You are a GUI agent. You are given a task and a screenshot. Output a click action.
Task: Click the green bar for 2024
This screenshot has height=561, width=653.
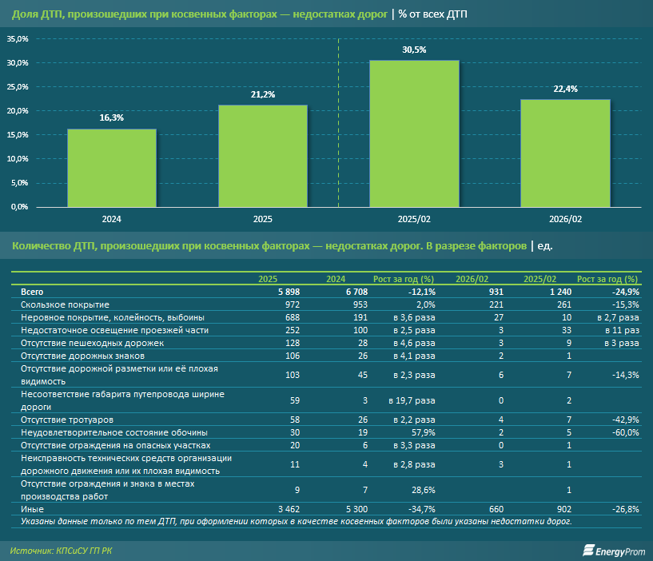coord(112,167)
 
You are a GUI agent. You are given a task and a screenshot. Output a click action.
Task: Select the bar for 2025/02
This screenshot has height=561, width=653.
coord(414,133)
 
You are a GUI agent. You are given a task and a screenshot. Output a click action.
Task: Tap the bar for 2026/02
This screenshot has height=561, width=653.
coord(565,153)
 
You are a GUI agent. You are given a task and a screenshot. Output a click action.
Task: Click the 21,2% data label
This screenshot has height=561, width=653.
coord(263,94)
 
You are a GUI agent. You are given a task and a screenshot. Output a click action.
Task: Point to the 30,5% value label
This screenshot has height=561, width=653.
coord(414,50)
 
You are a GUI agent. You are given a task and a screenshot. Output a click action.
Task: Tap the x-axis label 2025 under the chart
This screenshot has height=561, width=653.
coord(263,218)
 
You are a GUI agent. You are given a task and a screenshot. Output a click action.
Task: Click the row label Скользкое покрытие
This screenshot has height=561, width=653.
coord(65,305)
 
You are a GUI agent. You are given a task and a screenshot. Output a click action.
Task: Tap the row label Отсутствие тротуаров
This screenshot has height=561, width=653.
coord(61,420)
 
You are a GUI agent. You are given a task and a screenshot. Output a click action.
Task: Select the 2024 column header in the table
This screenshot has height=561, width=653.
coord(336,280)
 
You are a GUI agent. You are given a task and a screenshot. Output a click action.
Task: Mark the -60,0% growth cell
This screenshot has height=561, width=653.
coord(623,432)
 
